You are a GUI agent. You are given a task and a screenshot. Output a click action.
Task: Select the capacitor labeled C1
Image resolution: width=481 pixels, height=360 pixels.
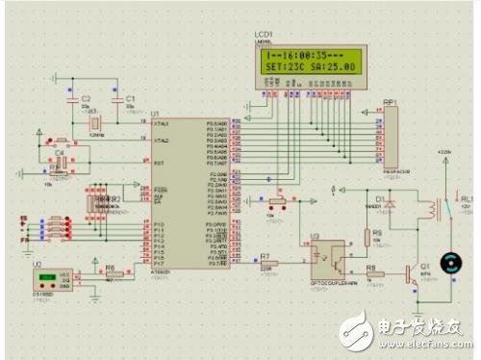pos(117,100)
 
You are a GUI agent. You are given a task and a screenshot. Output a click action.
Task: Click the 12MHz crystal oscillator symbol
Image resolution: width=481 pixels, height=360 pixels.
pos(94,124)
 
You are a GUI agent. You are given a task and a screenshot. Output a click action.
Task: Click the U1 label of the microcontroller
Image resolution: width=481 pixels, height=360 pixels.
pos(156,114)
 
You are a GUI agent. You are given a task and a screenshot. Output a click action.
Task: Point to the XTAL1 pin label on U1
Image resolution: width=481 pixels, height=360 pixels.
pos(161,124)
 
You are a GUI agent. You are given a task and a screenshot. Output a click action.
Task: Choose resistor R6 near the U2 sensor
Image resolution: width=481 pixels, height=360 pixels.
pos(110,273)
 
